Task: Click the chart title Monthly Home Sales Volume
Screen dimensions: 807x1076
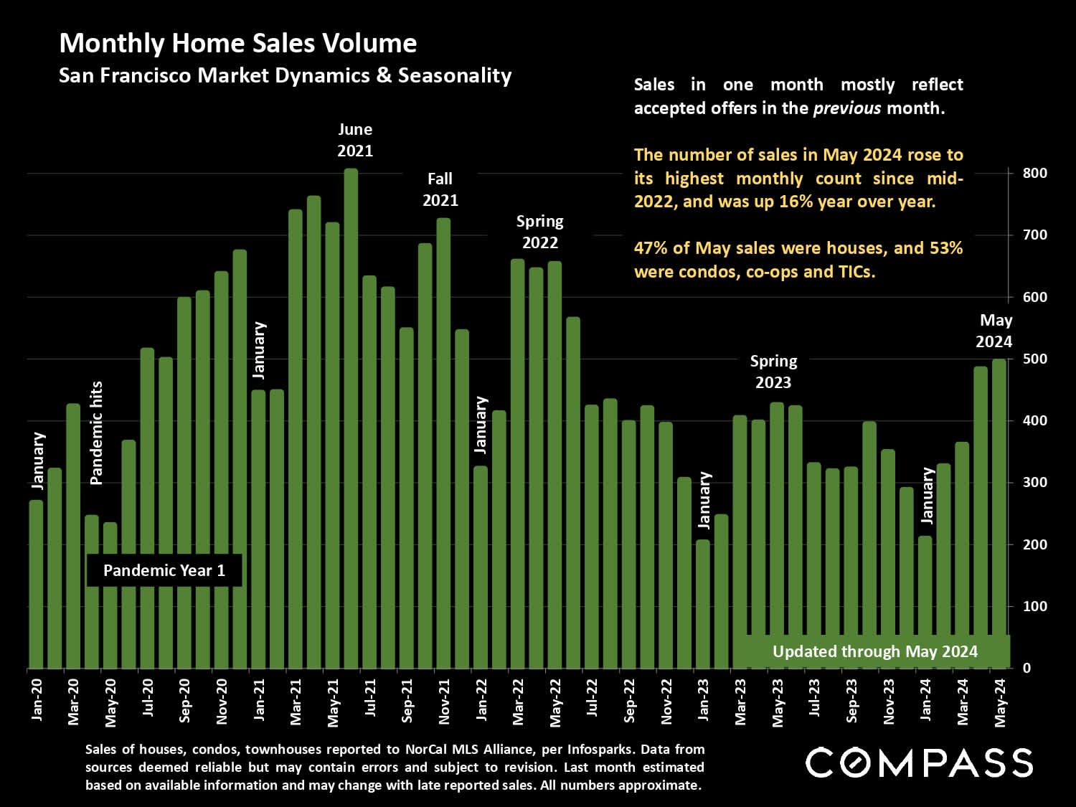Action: coord(237,44)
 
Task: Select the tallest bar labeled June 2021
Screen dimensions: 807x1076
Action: coord(351,416)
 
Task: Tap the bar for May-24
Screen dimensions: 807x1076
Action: coord(999,513)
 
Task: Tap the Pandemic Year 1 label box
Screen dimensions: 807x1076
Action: coord(164,570)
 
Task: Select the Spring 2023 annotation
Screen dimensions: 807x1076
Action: coord(773,372)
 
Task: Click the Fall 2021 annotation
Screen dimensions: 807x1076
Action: coord(440,189)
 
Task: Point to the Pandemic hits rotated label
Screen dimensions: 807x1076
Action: coord(97,433)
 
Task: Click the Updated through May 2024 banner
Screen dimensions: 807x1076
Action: coord(874,651)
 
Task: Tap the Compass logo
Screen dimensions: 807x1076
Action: coord(919,763)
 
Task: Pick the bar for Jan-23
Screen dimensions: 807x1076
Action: coord(703,604)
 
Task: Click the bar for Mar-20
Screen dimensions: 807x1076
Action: coord(73,536)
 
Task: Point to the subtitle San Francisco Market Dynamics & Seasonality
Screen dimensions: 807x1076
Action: coord(285,76)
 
